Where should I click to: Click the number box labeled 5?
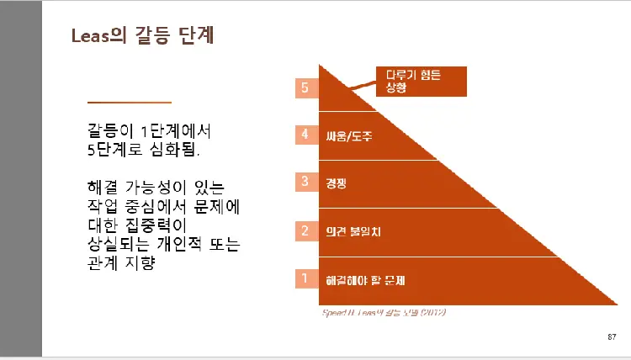pyautogui.click(x=305, y=87)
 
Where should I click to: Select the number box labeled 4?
pyautogui.click(x=305, y=134)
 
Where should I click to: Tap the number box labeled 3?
pyautogui.click(x=305, y=182)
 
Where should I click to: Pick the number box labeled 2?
pyautogui.click(x=305, y=230)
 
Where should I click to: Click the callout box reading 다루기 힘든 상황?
pyautogui.click(x=418, y=81)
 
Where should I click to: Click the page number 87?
pyautogui.click(x=611, y=337)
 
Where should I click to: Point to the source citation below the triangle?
pyautogui.click(x=384, y=313)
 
